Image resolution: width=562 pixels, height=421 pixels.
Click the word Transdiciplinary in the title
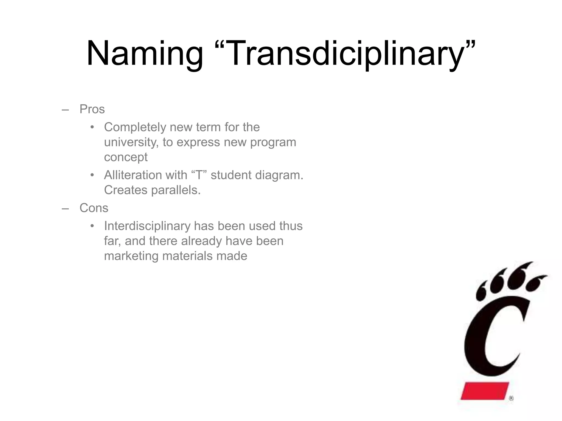pos(344,53)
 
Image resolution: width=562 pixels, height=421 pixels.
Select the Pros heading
pos(92,109)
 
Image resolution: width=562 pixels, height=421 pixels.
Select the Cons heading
pos(94,208)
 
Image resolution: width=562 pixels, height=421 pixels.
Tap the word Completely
pos(135,127)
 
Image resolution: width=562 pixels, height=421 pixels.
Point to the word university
pos(131,142)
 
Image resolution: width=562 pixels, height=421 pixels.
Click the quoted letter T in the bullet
pos(198,175)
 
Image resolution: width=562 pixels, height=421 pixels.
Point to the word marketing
pos(131,256)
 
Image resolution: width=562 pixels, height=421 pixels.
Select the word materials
pos(187,256)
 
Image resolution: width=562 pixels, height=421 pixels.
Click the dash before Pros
pos(65,110)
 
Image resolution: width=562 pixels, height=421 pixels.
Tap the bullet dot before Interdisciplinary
pos(92,226)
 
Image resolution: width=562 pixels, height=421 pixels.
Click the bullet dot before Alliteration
pos(92,175)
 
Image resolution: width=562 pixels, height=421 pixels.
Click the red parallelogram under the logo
pos(484,391)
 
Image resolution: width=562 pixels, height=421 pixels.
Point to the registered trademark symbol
pos(511,399)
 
